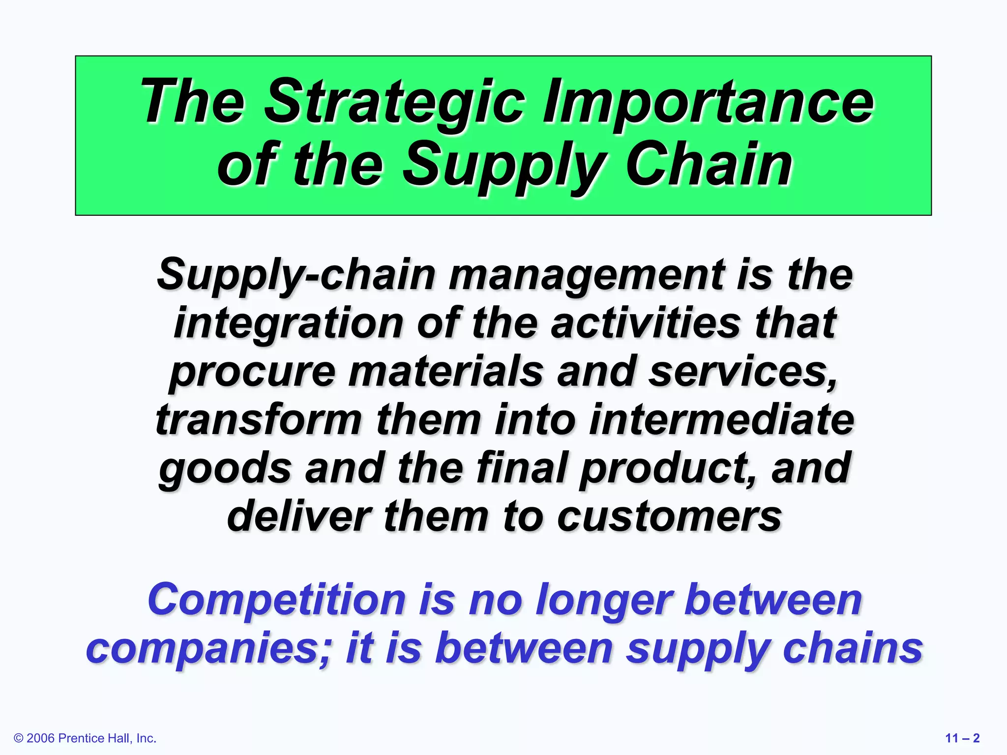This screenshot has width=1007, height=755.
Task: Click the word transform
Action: [x=259, y=420]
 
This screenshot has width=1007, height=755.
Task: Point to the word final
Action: [x=522, y=467]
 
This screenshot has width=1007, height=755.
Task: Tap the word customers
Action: [x=669, y=516]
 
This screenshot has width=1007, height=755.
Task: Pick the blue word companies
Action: [x=209, y=648]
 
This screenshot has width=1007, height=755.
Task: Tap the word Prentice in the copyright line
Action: [x=81, y=738]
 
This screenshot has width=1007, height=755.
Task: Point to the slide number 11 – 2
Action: [x=962, y=738]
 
